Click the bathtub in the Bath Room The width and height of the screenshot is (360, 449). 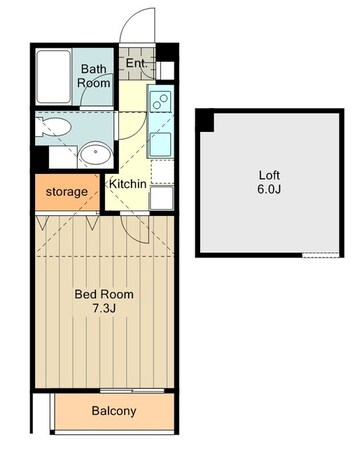click(54, 77)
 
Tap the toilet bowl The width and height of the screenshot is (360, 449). click(54, 127)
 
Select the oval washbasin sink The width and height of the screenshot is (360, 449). click(96, 153)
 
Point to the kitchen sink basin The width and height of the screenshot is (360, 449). click(160, 143)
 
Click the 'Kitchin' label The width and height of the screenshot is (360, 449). click(128, 184)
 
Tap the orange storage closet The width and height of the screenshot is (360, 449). click(67, 192)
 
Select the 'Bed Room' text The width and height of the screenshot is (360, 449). click(104, 294)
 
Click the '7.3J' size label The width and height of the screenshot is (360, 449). click(104, 308)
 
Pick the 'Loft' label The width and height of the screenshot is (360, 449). click(269, 175)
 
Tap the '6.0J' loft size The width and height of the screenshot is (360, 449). click(269, 189)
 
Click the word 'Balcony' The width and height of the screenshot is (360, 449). click(114, 411)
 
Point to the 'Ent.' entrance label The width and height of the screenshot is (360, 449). click(136, 63)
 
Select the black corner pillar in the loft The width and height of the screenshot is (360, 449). click(205, 121)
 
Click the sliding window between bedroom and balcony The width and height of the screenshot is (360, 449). click(132, 391)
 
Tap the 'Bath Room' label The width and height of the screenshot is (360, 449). click(94, 76)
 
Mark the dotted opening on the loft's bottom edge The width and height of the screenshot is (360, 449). click(321, 255)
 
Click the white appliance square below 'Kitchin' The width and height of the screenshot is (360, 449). click(161, 198)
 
